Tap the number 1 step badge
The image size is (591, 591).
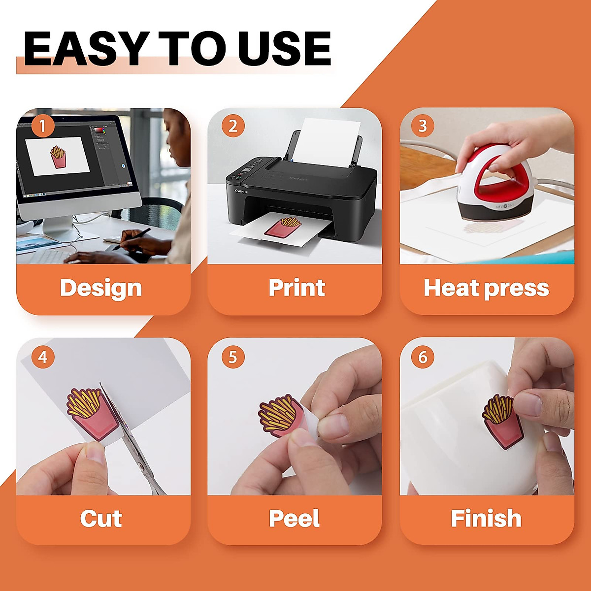[x=43, y=126]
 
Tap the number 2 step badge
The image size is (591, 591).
[x=233, y=126]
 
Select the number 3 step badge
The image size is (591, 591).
[x=423, y=126]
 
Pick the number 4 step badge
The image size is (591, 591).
[x=43, y=357]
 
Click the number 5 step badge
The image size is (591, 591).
[x=233, y=357]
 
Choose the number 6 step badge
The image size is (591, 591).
[x=423, y=357]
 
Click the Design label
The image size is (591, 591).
[x=101, y=288]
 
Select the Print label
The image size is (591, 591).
[x=296, y=288]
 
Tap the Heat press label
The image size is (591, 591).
[x=486, y=288]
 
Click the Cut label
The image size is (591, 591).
[x=101, y=519]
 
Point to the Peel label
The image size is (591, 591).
[x=295, y=519]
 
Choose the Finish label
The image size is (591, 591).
[x=486, y=519]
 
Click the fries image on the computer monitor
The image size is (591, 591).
[x=58, y=157]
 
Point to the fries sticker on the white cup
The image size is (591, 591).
[x=500, y=421]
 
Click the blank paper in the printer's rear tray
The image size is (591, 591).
[x=328, y=140]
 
